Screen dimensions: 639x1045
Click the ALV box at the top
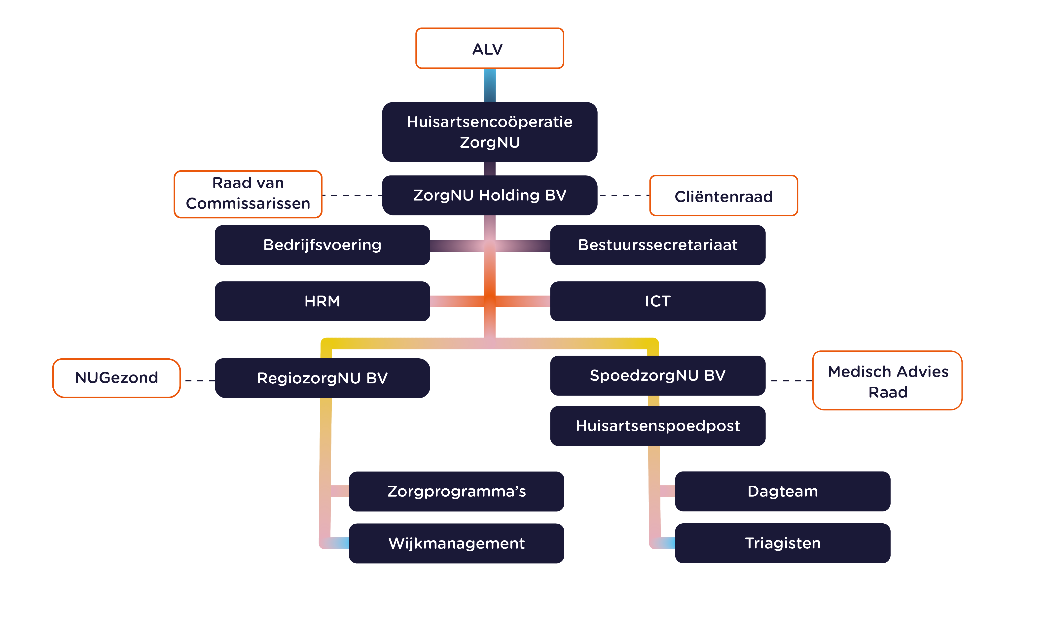[x=489, y=49]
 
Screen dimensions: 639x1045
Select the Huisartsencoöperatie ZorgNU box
[x=489, y=132]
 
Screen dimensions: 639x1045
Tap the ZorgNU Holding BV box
[x=489, y=196]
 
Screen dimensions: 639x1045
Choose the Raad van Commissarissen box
[x=248, y=194]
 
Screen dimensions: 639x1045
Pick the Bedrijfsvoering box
[x=322, y=245]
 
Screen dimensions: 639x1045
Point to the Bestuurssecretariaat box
[x=657, y=245]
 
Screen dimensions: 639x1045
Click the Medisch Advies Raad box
[x=887, y=381]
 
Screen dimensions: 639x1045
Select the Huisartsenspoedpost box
[x=657, y=426]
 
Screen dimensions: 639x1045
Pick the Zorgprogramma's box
[x=456, y=491]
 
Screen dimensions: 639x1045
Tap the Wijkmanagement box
[x=456, y=543]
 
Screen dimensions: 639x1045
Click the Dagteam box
[x=783, y=491]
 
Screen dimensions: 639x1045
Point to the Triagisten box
[x=783, y=543]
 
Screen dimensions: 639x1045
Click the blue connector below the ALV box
[x=489, y=85]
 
